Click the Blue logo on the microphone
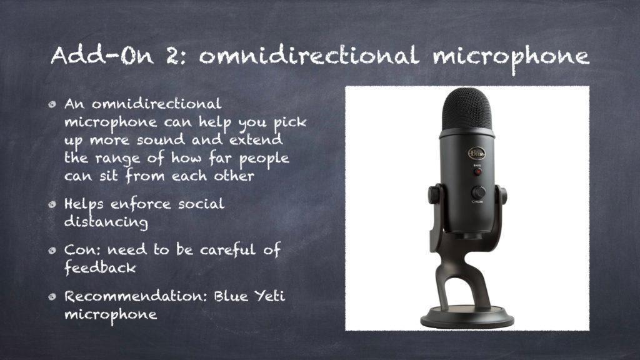pyautogui.click(x=476, y=154)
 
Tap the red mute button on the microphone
pyautogui.click(x=477, y=172)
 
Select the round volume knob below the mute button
pyautogui.click(x=478, y=192)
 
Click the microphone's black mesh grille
pyautogui.click(x=467, y=109)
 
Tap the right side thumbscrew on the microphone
pyautogui.click(x=502, y=195)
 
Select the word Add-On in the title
pyautogui.click(x=102, y=56)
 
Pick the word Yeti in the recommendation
pyautogui.click(x=270, y=296)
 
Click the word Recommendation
pyautogui.click(x=133, y=296)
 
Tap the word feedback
pyautogui.click(x=101, y=267)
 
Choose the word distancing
pyautogui.click(x=106, y=222)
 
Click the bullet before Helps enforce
pyautogui.click(x=52, y=204)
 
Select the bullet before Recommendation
pyautogui.click(x=52, y=297)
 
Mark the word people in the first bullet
pyautogui.click(x=264, y=159)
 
